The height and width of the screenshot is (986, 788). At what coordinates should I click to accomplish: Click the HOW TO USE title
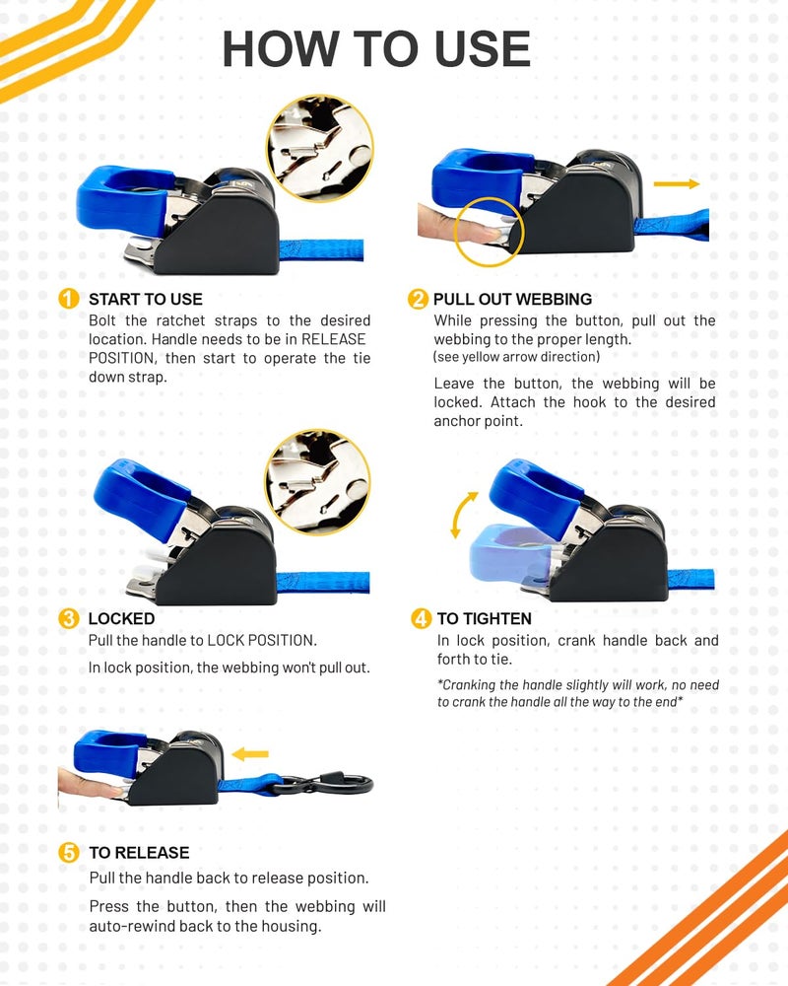pos(376,49)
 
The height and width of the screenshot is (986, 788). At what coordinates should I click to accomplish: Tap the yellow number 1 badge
pos(69,299)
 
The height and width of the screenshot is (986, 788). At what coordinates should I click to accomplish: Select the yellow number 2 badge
pos(418,299)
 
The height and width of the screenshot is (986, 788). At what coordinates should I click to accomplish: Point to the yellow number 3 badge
pos(69,619)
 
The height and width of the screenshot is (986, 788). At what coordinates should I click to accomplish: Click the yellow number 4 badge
pos(421,619)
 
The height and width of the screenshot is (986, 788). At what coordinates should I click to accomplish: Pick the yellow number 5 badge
pos(69,853)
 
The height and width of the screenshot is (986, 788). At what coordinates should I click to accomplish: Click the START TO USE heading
pos(146,300)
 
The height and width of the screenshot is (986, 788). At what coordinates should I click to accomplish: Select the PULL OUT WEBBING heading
pos(513,300)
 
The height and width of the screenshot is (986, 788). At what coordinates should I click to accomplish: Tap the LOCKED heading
pos(121,619)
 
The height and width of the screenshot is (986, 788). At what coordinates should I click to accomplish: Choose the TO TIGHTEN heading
pos(485,619)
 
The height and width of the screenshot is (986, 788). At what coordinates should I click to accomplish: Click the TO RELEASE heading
pos(140,853)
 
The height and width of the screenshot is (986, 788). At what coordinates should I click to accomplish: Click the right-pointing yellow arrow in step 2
pos(677,183)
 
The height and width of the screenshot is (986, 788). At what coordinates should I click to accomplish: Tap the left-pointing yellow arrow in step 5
pos(250,754)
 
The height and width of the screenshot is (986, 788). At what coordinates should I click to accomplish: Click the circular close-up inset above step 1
pos(320,149)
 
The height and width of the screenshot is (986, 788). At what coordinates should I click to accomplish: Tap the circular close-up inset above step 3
pos(318,482)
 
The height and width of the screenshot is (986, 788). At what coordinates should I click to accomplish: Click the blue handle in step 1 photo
pos(122,199)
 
